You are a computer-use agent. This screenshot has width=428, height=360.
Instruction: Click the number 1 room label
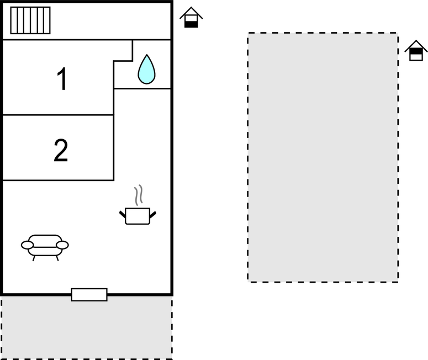click(62, 78)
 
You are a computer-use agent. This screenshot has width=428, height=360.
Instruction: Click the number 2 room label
click(61, 150)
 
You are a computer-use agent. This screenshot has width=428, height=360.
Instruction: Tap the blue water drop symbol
click(146, 70)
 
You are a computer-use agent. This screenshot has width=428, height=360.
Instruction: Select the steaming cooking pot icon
click(138, 205)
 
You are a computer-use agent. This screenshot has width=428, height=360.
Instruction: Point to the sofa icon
click(45, 247)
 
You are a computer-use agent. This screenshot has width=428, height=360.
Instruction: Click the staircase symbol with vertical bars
click(30, 20)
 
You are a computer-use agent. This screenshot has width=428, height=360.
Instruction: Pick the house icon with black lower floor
click(191, 17)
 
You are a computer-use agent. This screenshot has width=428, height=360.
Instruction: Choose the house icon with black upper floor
click(416, 50)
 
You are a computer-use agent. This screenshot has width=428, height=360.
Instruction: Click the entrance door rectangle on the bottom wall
click(89, 295)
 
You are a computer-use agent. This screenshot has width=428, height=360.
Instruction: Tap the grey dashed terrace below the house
click(87, 327)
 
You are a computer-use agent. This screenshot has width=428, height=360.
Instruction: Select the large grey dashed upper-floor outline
click(323, 157)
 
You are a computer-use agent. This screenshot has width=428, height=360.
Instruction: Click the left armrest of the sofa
click(27, 245)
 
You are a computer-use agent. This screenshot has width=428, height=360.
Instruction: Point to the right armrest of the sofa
click(62, 245)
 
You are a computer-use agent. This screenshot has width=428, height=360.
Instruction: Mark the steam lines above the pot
click(139, 195)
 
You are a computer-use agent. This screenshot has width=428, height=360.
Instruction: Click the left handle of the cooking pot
click(123, 214)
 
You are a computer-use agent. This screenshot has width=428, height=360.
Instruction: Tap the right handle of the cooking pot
click(153, 215)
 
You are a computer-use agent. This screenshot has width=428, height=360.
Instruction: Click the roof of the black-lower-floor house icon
click(191, 13)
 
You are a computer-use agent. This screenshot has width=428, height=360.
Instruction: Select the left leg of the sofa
click(34, 258)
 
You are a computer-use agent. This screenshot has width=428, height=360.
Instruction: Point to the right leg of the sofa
click(57, 258)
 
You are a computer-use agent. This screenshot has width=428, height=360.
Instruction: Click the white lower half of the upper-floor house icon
click(416, 57)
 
